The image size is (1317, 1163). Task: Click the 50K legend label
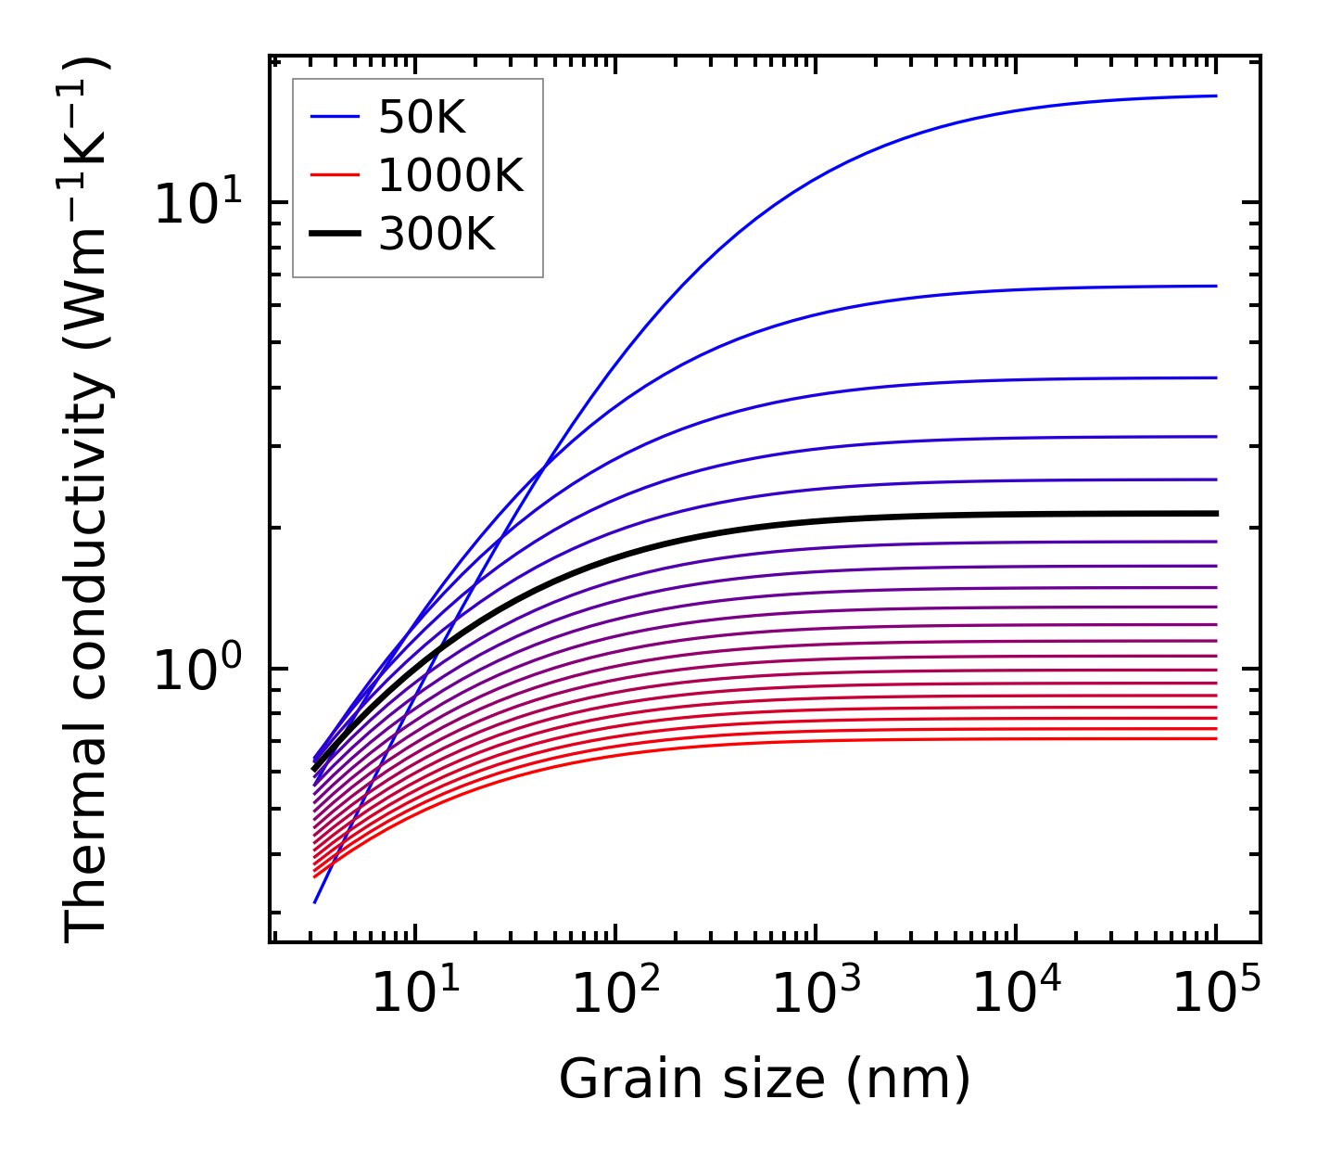click(422, 118)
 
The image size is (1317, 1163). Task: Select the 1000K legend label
click(450, 176)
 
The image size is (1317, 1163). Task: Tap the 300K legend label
click(437, 235)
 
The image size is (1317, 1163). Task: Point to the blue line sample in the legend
click(334, 117)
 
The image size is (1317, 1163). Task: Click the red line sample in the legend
click(334, 175)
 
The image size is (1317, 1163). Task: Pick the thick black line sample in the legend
click(334, 234)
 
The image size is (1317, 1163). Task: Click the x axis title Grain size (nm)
click(765, 1080)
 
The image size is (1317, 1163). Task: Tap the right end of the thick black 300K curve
click(1215, 513)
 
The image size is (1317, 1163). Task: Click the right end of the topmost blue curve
click(1215, 96)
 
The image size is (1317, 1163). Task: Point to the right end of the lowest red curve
click(1215, 738)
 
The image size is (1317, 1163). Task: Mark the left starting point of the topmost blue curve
click(315, 901)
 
